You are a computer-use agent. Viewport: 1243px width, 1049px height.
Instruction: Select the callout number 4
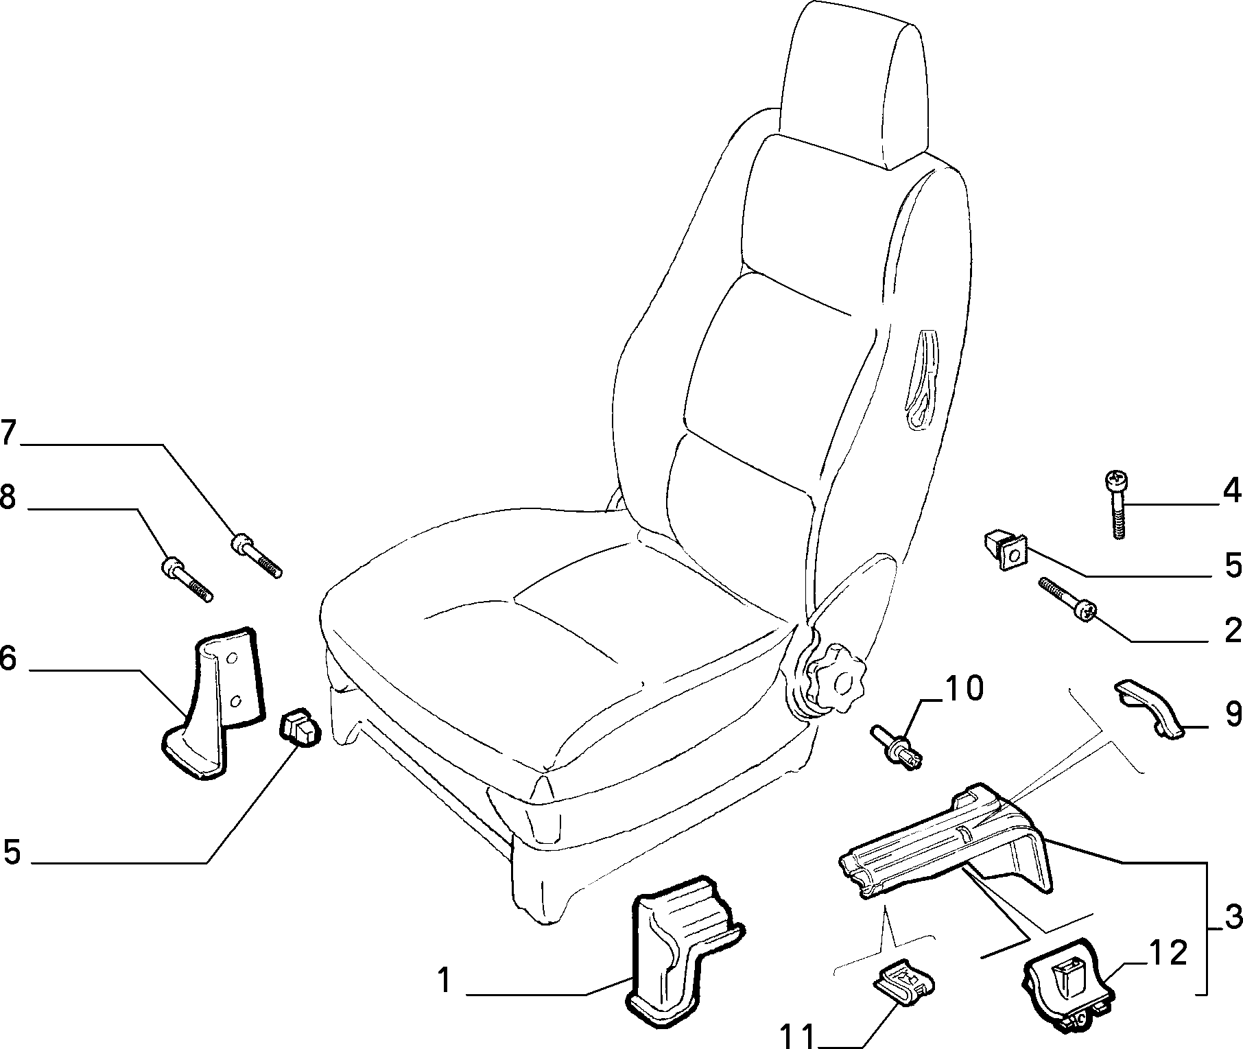[x=1233, y=490]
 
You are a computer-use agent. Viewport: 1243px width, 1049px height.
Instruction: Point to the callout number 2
[x=1233, y=630]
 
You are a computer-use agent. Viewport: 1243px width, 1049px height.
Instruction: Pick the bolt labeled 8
[x=187, y=579]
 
